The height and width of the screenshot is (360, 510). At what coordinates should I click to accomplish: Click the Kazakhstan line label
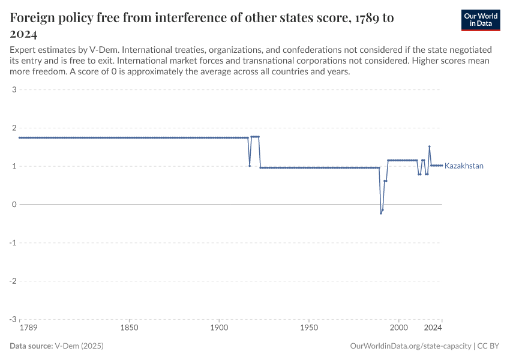coord(464,166)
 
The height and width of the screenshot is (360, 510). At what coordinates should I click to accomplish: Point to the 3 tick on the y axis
coord(13,90)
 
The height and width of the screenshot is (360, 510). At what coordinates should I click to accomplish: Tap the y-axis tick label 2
coord(13,128)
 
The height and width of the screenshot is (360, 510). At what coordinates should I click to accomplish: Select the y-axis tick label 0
coord(13,205)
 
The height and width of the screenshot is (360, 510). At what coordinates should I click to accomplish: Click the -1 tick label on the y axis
coord(12,243)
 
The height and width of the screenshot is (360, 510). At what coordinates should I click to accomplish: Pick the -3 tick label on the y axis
coord(12,319)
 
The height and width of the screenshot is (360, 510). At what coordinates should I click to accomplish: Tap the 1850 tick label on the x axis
coord(129,328)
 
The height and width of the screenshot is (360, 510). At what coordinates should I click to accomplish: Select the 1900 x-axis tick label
coord(219,328)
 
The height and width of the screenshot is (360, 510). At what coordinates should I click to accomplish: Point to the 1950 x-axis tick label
coord(309,328)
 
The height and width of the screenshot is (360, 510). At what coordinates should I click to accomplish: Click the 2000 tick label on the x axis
coord(398,328)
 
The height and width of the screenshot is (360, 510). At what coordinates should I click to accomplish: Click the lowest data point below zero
coord(380,213)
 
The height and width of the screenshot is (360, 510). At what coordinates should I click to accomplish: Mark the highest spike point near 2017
coord(430,146)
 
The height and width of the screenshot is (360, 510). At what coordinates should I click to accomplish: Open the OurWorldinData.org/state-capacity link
coord(410,346)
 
